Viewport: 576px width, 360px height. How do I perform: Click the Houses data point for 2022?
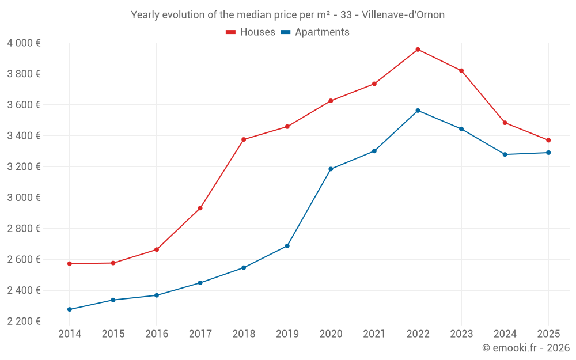(x=418, y=50)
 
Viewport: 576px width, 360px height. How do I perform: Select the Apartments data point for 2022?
(x=418, y=111)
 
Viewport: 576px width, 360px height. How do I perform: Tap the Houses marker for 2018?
(x=244, y=139)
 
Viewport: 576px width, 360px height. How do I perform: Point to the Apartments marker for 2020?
(x=331, y=169)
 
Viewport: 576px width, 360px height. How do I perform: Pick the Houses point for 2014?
(x=70, y=264)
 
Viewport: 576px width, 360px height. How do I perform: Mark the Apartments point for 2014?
(x=70, y=309)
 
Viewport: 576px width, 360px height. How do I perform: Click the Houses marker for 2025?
(x=548, y=140)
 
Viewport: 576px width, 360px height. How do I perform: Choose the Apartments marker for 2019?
(x=287, y=246)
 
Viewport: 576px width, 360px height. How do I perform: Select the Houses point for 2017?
(x=200, y=208)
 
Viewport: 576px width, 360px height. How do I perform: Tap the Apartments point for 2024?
(x=505, y=154)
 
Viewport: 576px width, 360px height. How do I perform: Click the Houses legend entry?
(x=251, y=32)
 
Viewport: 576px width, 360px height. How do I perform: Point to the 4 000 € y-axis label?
(x=24, y=43)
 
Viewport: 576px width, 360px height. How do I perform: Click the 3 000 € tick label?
(x=24, y=198)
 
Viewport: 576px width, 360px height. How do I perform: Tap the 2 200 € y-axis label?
(x=24, y=321)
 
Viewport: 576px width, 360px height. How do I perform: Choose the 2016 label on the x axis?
(x=157, y=334)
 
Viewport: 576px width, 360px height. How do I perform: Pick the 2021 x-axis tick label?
(x=374, y=334)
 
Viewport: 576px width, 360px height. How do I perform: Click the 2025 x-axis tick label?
(x=548, y=334)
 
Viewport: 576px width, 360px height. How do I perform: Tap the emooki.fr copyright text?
(x=526, y=348)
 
